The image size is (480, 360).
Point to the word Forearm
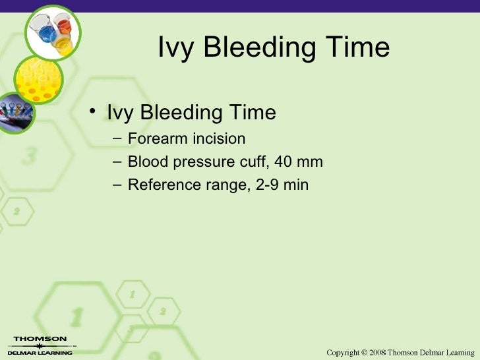[x=156, y=139]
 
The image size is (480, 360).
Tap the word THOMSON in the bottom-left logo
[x=40, y=339]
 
